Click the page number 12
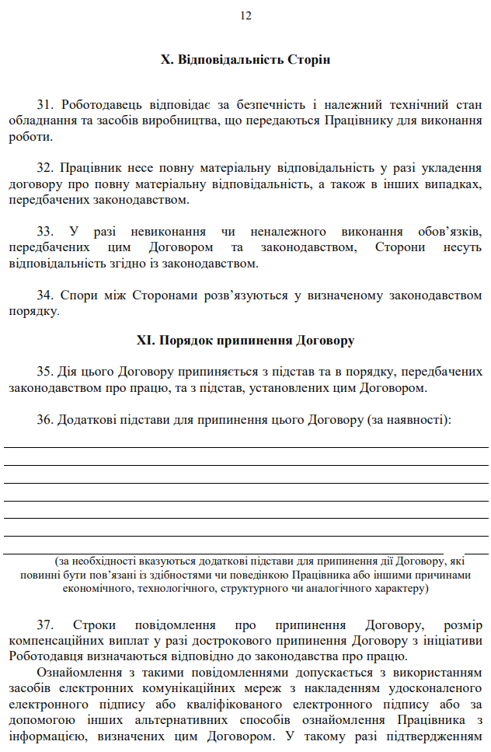245,16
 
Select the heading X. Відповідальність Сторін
245,60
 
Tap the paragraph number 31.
44,103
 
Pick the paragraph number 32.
44,167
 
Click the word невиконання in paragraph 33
168,231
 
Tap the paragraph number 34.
44,295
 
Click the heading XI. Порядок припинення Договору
245,340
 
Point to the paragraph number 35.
44,370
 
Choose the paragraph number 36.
44,420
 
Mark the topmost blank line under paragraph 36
245,447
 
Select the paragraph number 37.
44,624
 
